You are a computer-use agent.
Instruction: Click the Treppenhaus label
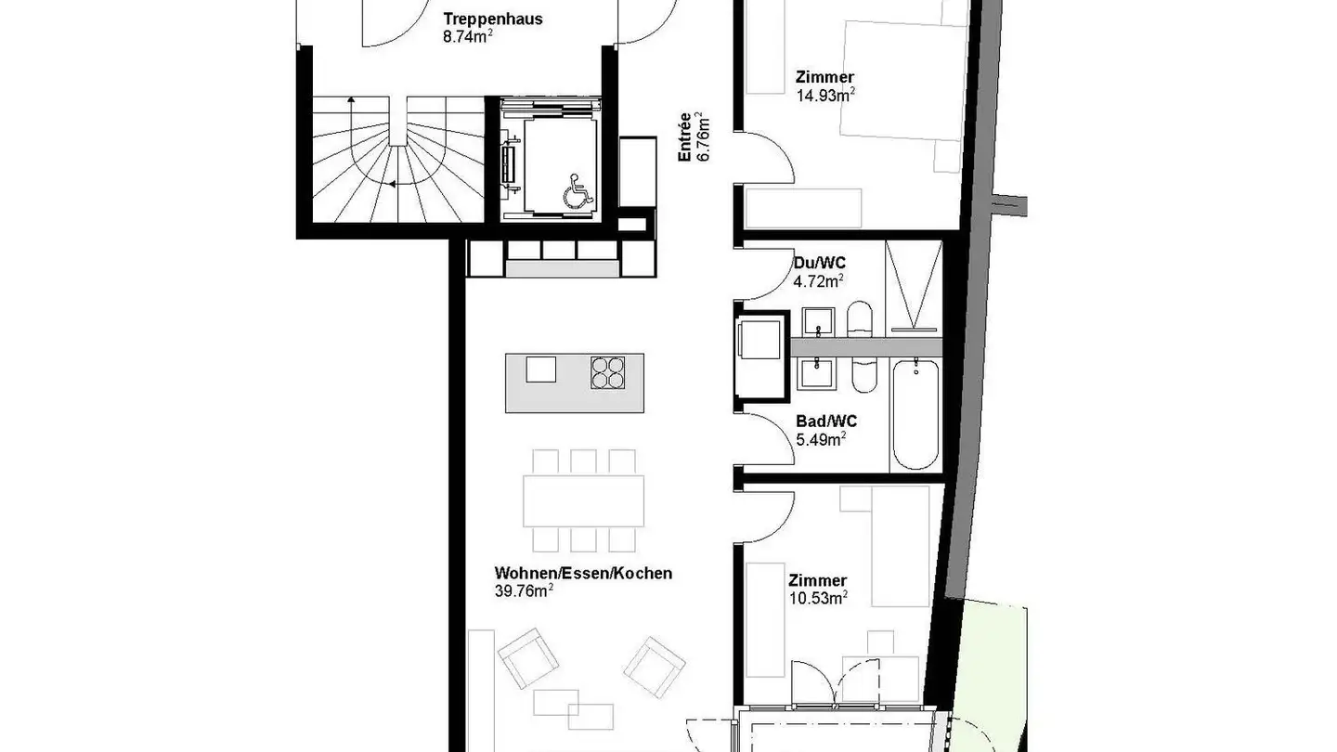click(493, 19)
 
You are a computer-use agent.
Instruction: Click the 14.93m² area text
click(825, 94)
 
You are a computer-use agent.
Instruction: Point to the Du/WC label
click(820, 263)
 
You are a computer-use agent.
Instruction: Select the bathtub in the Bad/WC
click(915, 414)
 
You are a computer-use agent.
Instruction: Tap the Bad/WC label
click(826, 421)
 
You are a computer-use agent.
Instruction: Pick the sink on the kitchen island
click(541, 370)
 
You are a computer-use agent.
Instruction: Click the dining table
click(584, 501)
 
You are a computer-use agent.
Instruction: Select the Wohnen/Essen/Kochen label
click(583, 573)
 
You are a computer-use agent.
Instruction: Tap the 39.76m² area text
click(525, 590)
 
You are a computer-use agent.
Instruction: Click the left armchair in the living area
click(529, 657)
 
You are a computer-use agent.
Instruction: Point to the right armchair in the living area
click(655, 666)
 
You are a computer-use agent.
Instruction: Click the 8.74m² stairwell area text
click(467, 38)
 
